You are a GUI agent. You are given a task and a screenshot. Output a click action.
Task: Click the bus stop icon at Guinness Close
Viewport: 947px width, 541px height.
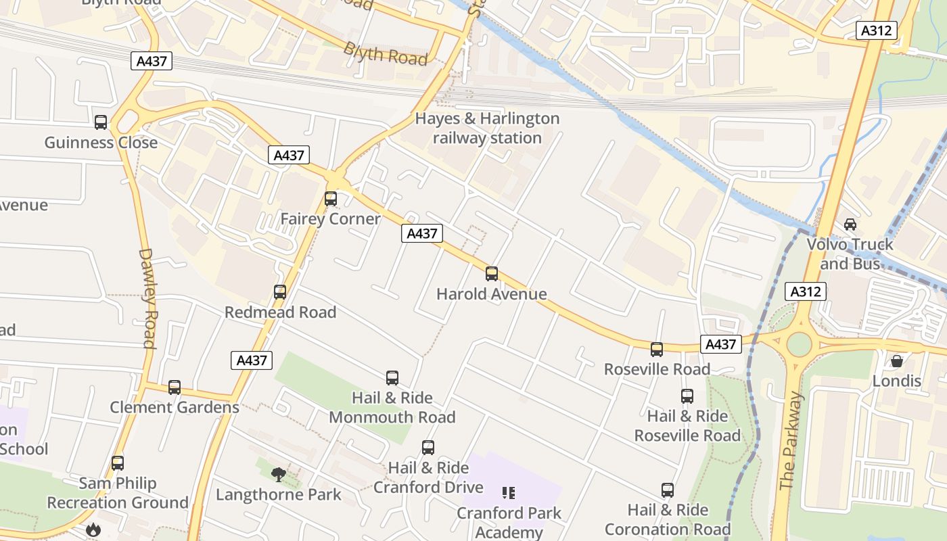click(101, 122)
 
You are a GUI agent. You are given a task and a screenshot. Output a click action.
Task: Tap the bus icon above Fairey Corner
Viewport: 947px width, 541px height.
click(331, 199)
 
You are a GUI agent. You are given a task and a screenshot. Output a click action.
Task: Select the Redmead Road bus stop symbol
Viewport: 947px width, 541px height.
click(280, 292)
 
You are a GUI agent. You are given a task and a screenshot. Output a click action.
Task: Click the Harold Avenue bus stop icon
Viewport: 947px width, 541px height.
click(492, 274)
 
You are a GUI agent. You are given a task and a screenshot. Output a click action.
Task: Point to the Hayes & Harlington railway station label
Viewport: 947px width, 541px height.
click(487, 128)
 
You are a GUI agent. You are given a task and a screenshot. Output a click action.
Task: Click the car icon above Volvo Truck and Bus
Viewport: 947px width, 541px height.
click(850, 225)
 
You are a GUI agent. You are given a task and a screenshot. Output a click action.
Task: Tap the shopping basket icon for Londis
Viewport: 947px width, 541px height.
click(897, 361)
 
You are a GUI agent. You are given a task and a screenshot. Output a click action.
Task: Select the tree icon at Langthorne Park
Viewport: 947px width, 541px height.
click(278, 475)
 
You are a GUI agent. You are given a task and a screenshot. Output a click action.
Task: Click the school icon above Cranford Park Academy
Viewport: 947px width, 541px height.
click(509, 493)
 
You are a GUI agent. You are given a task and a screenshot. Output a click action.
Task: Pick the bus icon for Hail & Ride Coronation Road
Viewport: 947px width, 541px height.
click(668, 490)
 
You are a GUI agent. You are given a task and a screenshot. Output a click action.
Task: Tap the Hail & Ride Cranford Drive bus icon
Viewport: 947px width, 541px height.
click(428, 448)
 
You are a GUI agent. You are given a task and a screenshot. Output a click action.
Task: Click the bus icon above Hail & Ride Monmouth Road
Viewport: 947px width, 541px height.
click(392, 378)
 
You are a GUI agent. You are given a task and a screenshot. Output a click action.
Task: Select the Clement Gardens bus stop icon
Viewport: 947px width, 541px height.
click(175, 387)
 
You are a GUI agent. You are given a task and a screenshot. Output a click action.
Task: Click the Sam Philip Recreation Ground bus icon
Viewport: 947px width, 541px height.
click(118, 463)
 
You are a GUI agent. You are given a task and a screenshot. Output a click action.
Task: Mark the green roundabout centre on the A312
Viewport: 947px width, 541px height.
click(799, 345)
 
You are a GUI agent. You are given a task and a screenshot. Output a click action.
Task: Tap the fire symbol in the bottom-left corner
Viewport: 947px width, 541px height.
click(93, 530)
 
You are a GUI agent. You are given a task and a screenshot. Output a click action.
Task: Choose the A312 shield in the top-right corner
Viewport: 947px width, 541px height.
click(877, 30)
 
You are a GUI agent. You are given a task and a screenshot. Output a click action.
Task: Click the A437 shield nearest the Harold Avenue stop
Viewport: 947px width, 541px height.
click(422, 234)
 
